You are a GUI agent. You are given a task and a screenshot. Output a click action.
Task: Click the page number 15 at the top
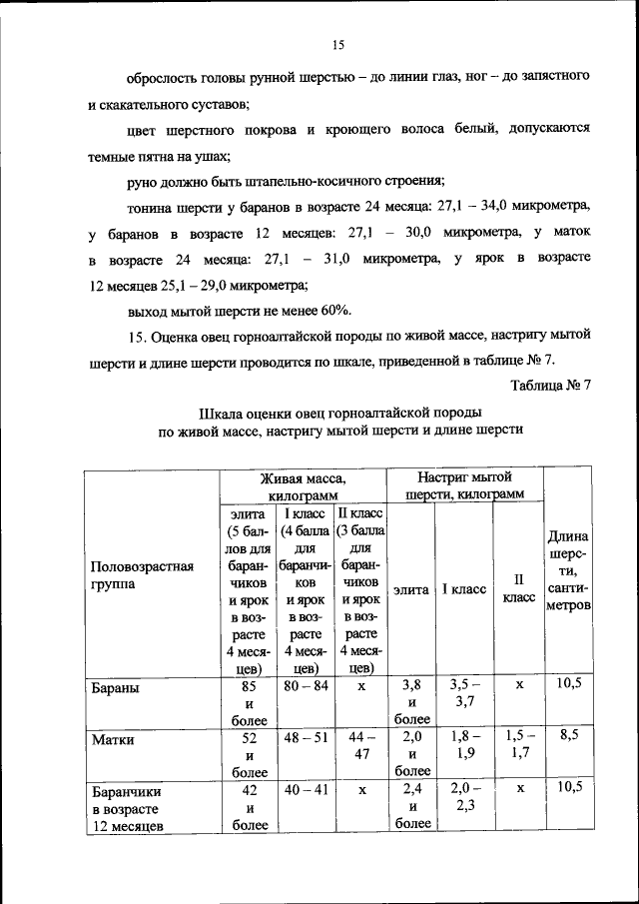pos(337,44)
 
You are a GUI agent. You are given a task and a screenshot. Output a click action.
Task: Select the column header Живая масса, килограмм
pos(303,486)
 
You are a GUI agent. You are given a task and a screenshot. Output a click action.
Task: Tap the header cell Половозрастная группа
pos(141,579)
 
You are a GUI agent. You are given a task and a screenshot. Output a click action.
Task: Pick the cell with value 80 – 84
pos(305,687)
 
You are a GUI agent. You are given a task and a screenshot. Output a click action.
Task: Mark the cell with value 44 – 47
pos(362,745)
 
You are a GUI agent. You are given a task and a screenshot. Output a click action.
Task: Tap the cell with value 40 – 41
pos(305,789)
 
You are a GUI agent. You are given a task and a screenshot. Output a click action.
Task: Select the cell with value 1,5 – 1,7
pos(518,745)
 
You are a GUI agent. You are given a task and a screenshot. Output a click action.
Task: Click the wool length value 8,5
pos(569,735)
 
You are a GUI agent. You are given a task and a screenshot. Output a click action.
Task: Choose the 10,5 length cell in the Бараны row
pos(569,684)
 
